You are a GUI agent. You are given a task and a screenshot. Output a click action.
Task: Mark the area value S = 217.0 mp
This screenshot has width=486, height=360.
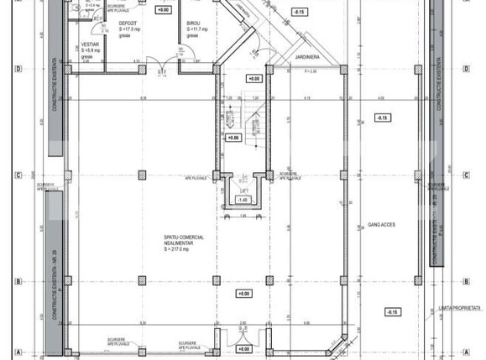(179, 250)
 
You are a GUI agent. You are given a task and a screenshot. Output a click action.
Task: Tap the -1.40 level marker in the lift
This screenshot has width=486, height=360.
(242, 201)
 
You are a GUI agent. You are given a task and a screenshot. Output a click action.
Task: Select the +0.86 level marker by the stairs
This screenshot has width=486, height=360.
(234, 137)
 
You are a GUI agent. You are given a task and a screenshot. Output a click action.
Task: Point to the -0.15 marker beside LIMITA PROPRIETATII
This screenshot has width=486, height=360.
(391, 311)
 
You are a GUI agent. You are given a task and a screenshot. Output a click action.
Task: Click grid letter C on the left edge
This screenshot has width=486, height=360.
(18, 175)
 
